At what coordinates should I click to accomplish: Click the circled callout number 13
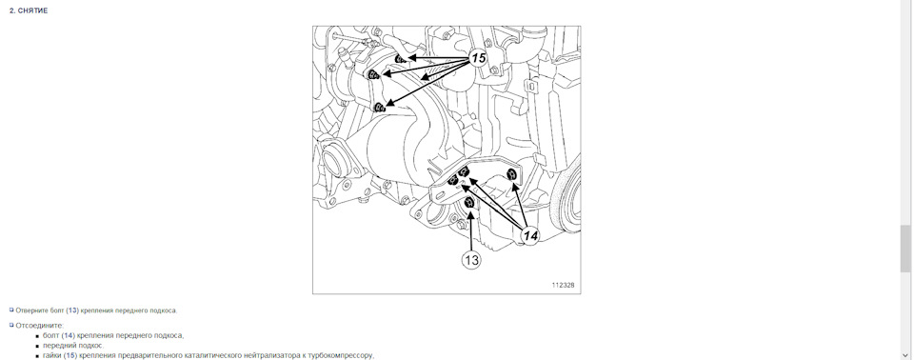coord(471,260)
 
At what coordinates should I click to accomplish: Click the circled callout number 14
coord(530,236)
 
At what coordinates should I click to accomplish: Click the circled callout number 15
coord(478,58)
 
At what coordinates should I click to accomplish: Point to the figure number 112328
coord(563,286)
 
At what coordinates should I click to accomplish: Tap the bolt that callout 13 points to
coord(469,203)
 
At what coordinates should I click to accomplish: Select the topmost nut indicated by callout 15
coord(400,58)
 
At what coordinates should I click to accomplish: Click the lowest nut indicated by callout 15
coord(380,107)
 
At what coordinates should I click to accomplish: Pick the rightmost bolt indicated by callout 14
coord(513,174)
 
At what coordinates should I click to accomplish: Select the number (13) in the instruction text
coord(71,310)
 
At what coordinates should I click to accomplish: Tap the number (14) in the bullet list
coord(68,335)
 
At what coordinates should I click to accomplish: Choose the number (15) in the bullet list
coord(70,354)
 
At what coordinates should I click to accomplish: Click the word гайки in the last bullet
coord(51,354)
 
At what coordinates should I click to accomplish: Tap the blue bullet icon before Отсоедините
coord(11,325)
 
